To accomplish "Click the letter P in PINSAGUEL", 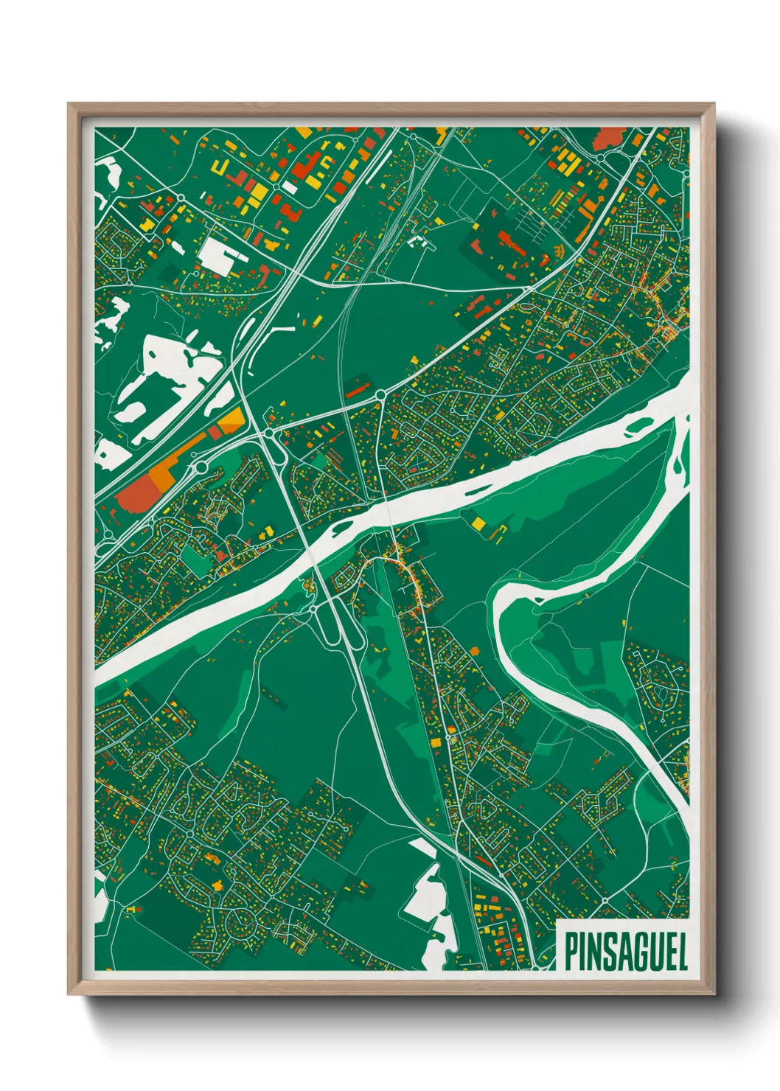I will tap(570, 952).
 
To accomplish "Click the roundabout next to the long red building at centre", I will tap(380, 396).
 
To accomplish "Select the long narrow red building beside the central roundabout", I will tap(358, 388).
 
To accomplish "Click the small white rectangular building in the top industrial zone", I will tap(290, 187).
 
